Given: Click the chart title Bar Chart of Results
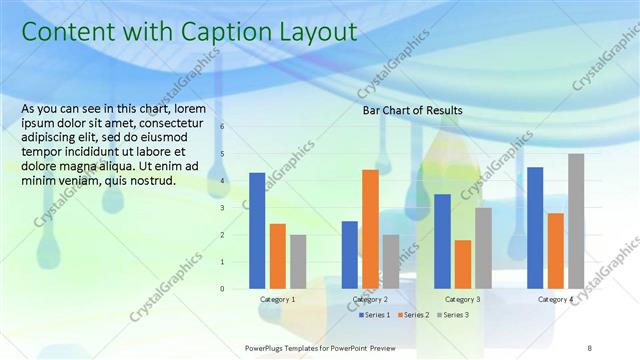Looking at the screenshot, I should click(x=412, y=110).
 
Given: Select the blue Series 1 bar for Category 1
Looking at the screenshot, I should click(x=257, y=230).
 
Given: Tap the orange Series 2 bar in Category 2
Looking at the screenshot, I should click(x=370, y=229).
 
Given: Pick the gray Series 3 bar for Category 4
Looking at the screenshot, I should click(x=576, y=221).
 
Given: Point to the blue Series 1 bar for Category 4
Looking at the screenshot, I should click(x=535, y=227).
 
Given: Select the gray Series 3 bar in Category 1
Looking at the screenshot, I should click(x=298, y=261).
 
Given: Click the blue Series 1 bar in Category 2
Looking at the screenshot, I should click(x=350, y=254).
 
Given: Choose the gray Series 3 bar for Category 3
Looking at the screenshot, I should click(x=483, y=248).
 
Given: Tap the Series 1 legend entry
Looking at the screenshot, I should click(x=374, y=315).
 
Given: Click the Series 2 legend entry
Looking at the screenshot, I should click(x=414, y=315).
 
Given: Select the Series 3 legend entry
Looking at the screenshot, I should click(x=454, y=315).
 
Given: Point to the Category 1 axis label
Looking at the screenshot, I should click(x=278, y=299).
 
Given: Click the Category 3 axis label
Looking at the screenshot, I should click(x=463, y=299).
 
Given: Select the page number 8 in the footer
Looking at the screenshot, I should click(x=590, y=347).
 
